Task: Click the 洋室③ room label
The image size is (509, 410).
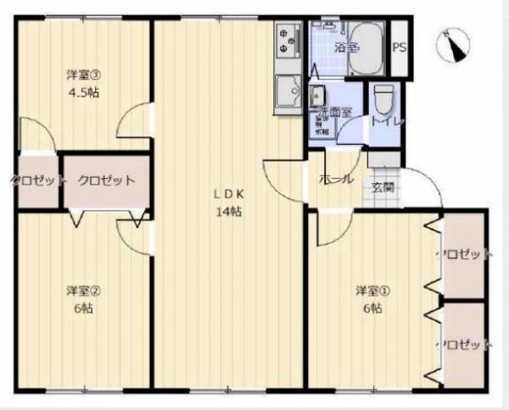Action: point(84,74)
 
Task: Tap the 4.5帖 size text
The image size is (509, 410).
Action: point(84,92)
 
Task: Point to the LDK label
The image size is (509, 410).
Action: point(227,193)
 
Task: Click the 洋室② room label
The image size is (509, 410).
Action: point(84,291)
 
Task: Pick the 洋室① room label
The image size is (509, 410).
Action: point(372,291)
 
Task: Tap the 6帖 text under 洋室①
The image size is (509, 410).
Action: point(372,308)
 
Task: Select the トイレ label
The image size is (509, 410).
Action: point(386,122)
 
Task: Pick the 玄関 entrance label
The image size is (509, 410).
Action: point(382,187)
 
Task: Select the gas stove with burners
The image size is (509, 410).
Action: point(288,42)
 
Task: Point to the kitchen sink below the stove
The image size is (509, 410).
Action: point(288,89)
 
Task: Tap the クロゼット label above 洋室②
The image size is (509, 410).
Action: point(106,180)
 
